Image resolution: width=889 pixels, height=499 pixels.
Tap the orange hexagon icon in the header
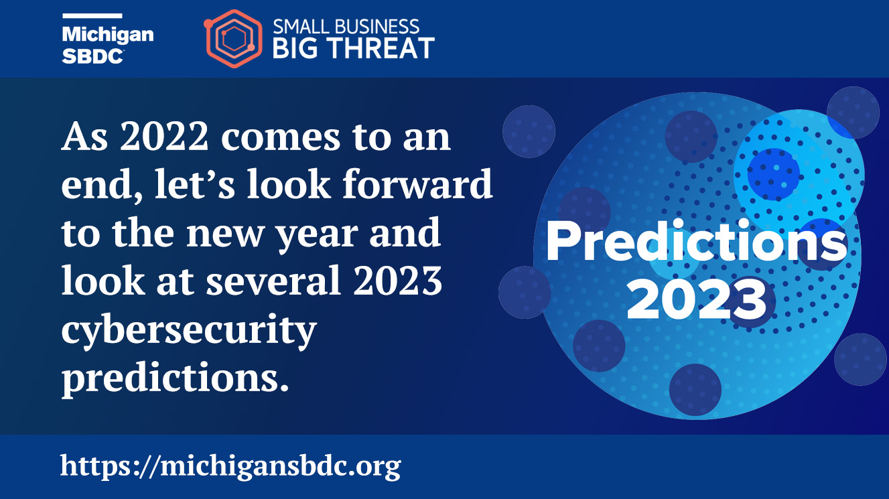click(x=233, y=39)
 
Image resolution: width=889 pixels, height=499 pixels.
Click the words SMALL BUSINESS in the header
click(x=346, y=27)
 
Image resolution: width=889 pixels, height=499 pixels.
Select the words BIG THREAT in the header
click(x=354, y=48)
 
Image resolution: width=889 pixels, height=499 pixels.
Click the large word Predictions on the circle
click(x=697, y=242)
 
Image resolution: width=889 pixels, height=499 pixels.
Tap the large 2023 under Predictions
click(x=697, y=299)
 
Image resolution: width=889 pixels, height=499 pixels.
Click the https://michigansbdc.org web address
click(x=230, y=465)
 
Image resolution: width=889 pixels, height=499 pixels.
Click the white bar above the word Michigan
click(x=92, y=15)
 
